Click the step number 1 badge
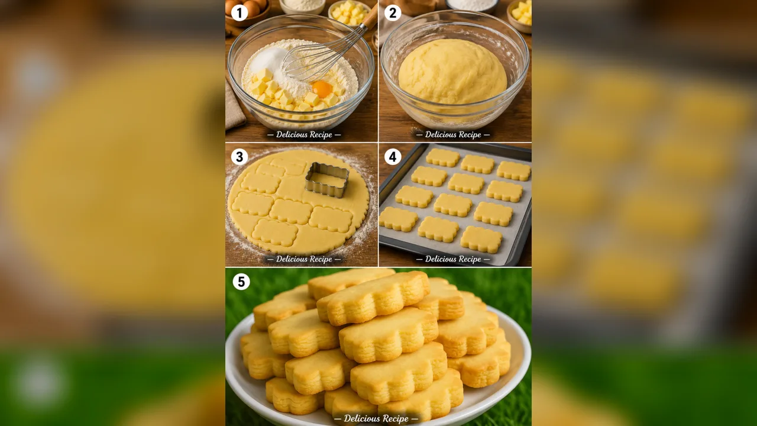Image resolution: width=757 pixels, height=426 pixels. tap(240, 13)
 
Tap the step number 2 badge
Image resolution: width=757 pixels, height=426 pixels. tap(393, 13)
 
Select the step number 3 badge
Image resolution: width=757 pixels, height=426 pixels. tap(240, 157)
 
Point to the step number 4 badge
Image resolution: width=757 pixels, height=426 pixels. tap(393, 157)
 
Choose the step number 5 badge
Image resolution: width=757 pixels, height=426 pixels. tap(241, 282)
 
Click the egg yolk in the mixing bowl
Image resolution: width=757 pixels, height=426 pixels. tap(322, 89)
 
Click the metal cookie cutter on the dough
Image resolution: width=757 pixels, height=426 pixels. tap(327, 179)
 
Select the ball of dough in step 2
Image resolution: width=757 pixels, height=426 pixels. tap(452, 72)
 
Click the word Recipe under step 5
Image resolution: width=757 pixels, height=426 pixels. tap(394, 418)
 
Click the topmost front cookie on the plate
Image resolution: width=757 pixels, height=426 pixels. tap(373, 298)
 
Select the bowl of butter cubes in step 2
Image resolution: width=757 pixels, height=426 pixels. tap(519, 15)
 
